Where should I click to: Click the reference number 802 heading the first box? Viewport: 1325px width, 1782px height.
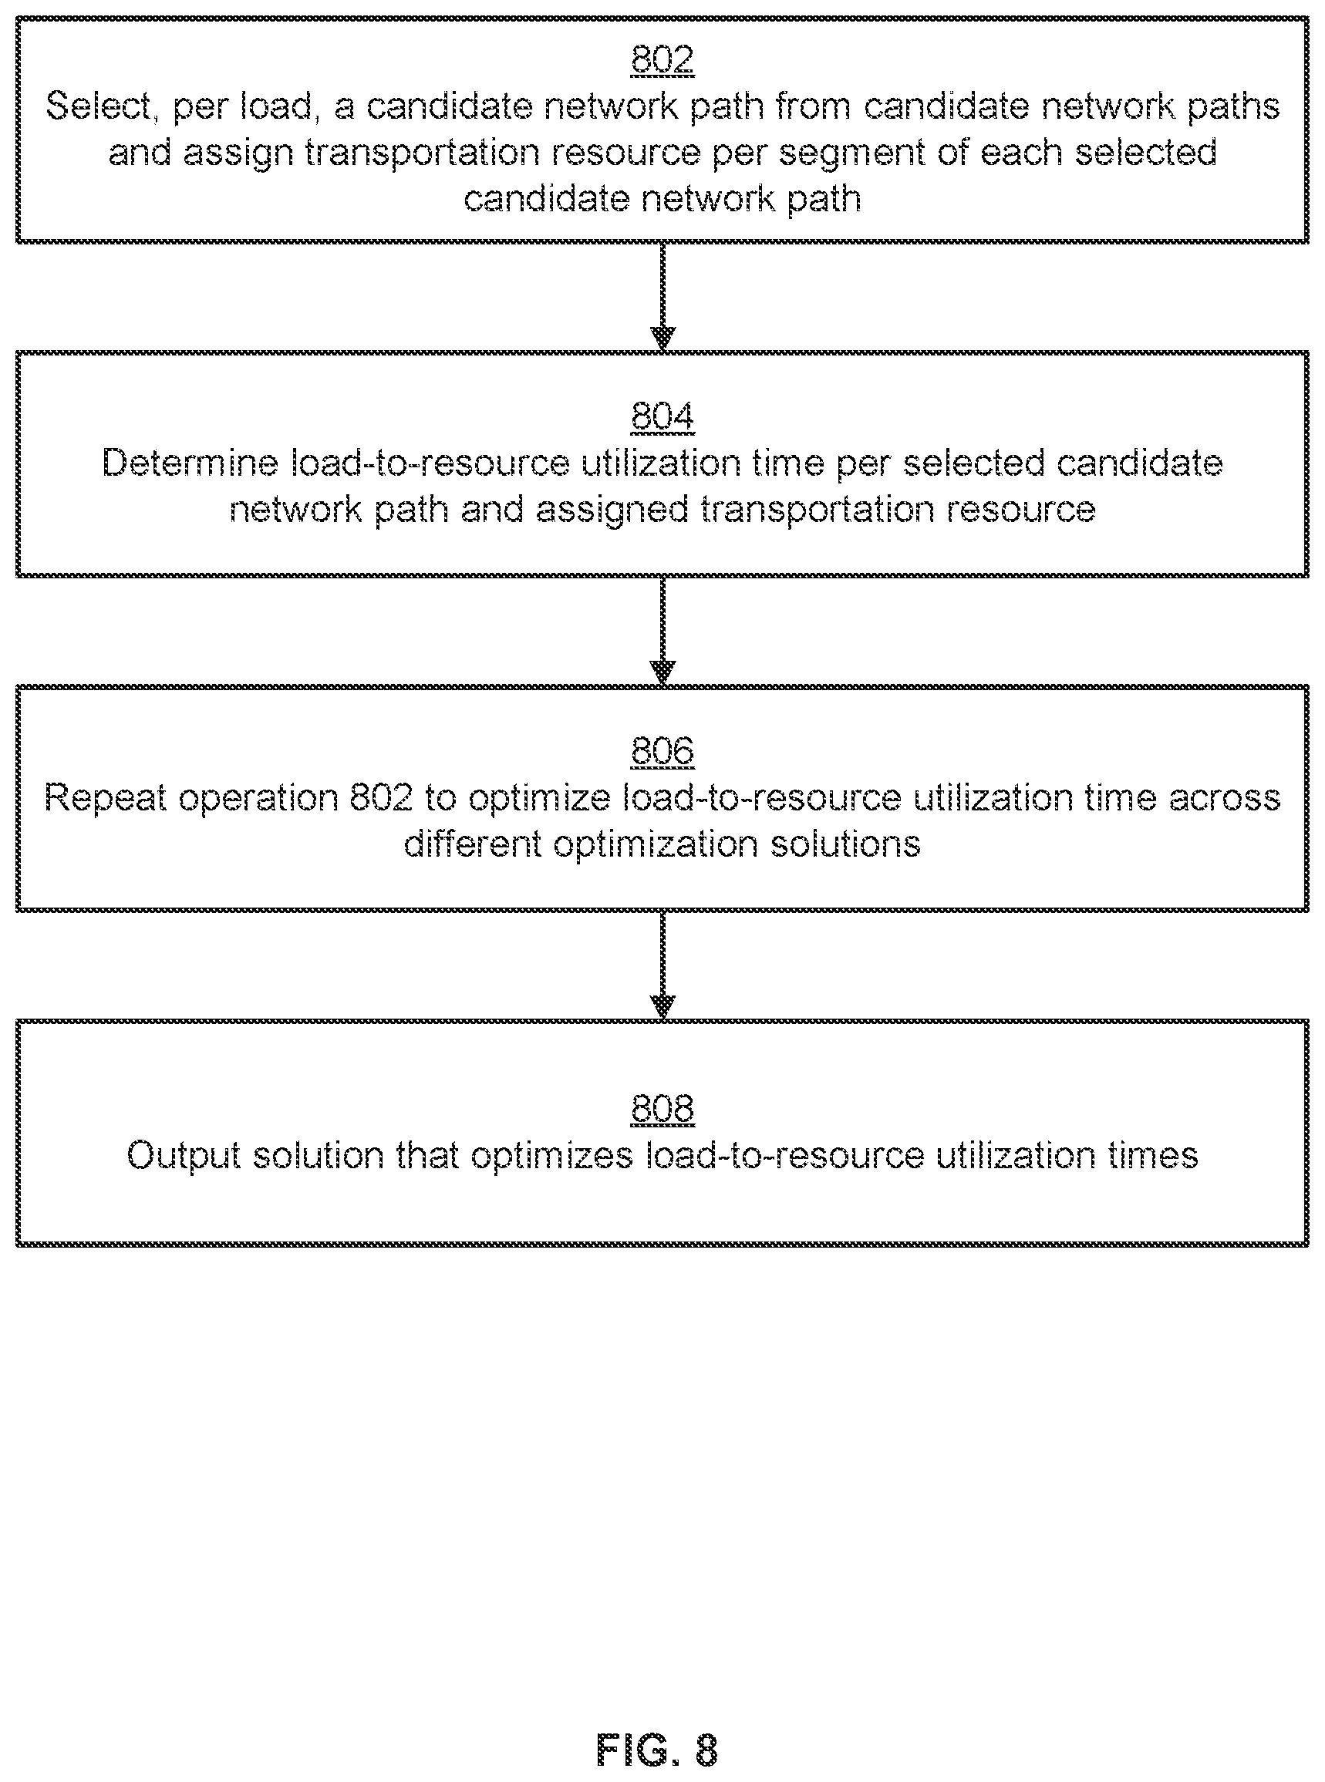662,59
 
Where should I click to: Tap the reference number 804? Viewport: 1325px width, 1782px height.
662,416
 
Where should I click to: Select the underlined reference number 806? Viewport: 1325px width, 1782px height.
662,750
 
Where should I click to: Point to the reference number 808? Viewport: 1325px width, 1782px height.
662,1108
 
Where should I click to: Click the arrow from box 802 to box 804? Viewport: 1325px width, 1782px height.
662,297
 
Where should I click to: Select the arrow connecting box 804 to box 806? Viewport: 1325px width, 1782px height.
662,632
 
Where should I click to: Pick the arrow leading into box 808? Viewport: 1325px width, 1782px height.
662,965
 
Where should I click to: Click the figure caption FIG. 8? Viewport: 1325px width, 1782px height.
657,1749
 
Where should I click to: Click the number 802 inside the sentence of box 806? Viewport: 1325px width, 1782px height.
381,798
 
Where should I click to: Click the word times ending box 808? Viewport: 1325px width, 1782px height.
1153,1156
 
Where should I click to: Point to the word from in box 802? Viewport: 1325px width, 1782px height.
814,106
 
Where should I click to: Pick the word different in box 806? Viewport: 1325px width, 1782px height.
473,844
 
